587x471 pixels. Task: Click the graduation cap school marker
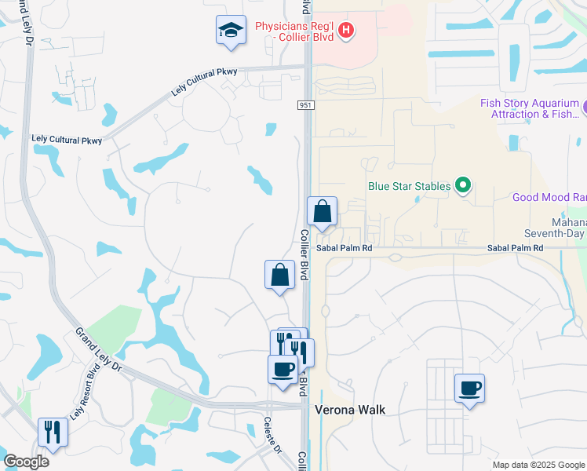pos(231,31)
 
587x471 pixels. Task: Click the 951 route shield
pos(306,105)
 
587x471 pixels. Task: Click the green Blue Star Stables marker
pos(463,186)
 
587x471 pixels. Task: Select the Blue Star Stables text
pos(410,186)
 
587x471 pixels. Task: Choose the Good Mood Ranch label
pos(549,197)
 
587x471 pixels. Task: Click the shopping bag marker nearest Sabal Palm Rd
pos(322,211)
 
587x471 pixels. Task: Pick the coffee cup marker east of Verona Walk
pos(469,388)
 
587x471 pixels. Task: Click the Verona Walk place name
pos(350,410)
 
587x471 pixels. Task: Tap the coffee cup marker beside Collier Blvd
pos(283,369)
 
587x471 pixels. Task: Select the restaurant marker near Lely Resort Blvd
pos(53,432)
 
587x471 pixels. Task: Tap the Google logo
pos(25,462)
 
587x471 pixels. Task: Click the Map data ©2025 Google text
pos(538,465)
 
